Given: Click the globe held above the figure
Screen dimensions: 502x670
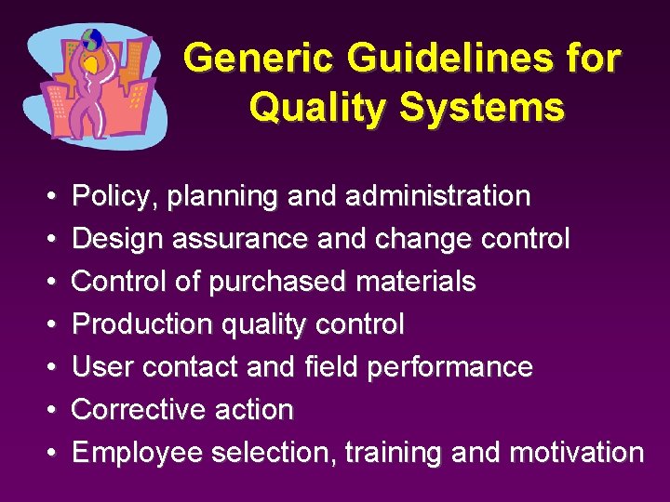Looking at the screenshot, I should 91,40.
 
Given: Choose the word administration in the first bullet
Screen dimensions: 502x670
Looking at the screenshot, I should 437,196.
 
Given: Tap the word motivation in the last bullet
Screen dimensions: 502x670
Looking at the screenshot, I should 576,453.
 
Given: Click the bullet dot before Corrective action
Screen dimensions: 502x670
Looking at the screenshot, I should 48,410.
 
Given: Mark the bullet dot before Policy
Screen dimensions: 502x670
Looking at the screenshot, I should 48,196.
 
